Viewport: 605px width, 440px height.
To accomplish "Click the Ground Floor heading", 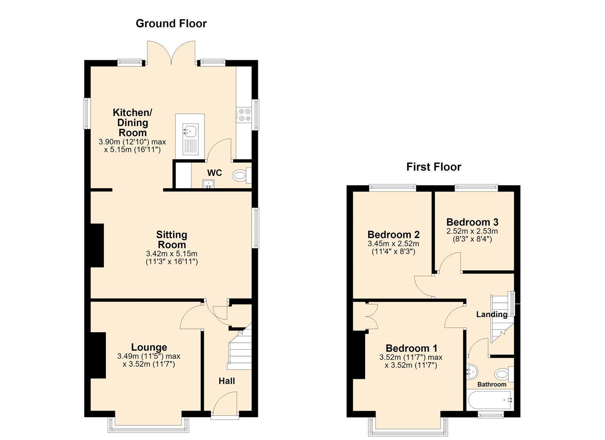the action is coord(171,24).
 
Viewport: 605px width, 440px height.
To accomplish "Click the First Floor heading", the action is coord(434,167).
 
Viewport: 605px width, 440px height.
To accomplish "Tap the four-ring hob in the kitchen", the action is coord(244,114).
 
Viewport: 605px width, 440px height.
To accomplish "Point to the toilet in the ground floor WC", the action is coord(242,176).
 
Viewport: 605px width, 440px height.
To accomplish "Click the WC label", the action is coord(214,173).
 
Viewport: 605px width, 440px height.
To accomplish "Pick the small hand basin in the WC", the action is coord(208,184).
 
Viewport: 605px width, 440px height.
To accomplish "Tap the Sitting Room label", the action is coord(172,240).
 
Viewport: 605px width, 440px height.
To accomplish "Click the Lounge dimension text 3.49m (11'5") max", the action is coord(149,356).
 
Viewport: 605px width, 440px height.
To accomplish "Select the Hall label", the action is coord(227,381).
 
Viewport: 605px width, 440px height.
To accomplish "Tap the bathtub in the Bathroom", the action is coord(490,400).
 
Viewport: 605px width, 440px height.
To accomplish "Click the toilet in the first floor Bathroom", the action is coord(504,374).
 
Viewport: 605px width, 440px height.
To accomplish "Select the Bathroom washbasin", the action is coord(472,372).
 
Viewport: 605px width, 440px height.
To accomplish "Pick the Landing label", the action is coord(492,315).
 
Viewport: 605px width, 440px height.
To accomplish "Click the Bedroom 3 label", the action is coord(472,222).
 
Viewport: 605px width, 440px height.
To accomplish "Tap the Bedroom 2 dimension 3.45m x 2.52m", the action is coord(393,244).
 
